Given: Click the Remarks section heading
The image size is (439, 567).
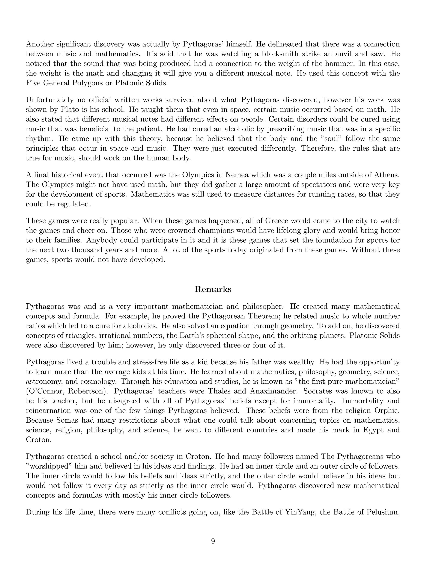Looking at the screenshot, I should pos(213,289).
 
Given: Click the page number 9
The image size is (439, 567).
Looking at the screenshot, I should pos(213,541).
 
